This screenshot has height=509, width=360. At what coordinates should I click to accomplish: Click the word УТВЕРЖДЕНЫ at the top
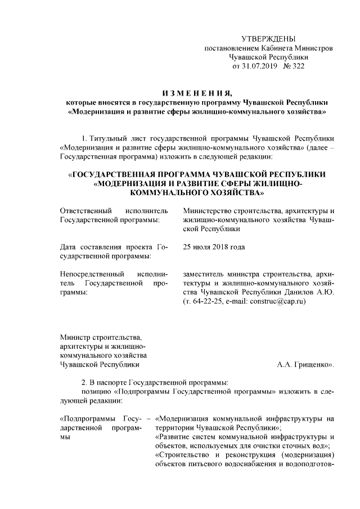coord(268,39)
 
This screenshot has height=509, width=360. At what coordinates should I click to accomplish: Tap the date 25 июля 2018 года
coord(214,247)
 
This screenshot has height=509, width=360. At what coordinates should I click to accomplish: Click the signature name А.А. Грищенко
coord(305,364)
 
